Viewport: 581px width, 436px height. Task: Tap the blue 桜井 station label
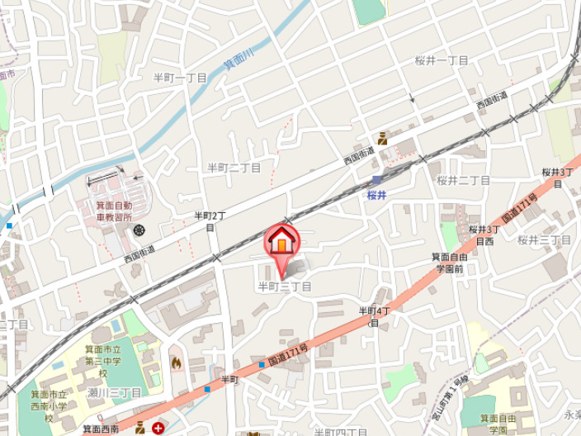pos(376,196)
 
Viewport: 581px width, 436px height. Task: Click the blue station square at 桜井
pos(376,180)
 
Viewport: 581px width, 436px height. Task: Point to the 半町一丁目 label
pos(180,77)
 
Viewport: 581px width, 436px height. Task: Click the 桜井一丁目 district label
pos(442,61)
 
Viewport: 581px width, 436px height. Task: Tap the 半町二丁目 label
pos(234,168)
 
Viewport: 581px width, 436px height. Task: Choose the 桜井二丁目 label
pos(463,180)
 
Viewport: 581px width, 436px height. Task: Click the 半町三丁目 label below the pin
pos(285,287)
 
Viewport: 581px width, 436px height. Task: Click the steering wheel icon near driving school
pos(139,230)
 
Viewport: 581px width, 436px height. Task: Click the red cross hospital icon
pos(157,428)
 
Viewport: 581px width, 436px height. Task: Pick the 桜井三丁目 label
pos(544,240)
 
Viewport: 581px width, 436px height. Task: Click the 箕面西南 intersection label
pos(101,429)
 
